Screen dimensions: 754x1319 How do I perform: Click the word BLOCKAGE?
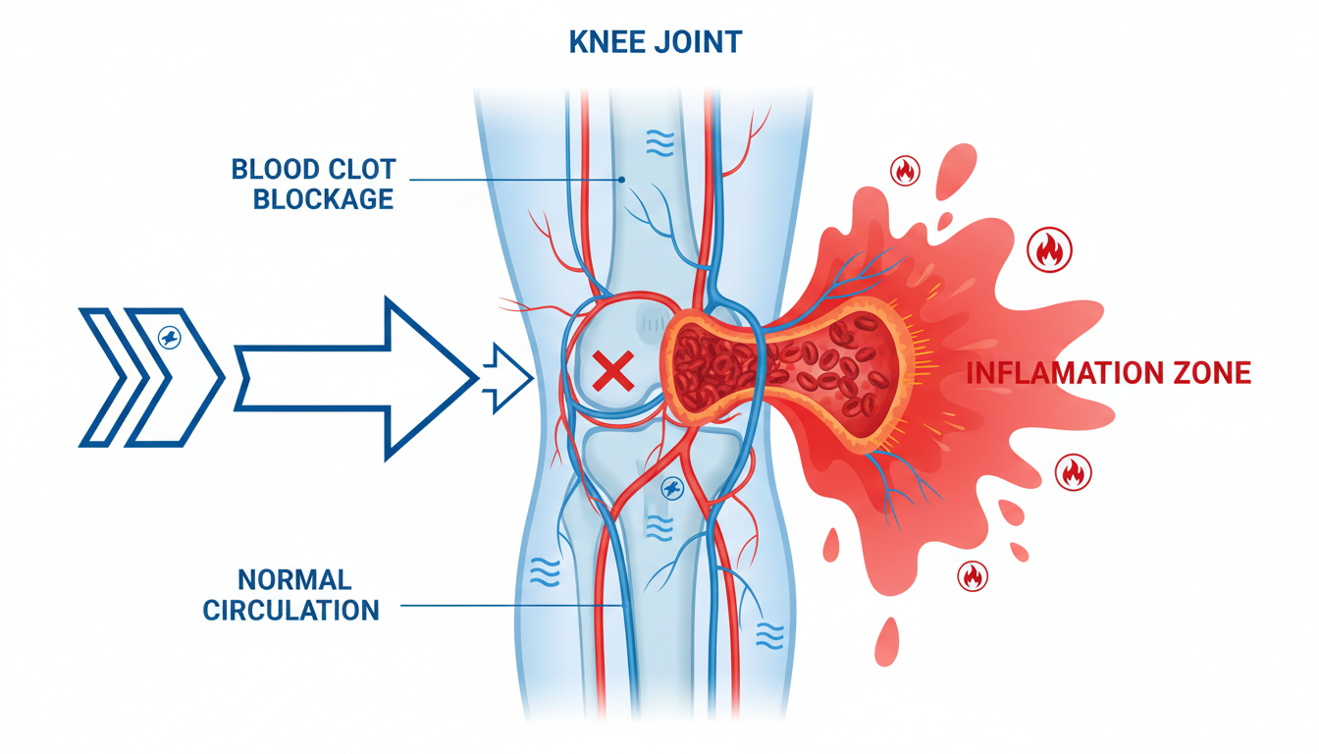323,198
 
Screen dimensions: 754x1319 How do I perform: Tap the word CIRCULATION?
290,609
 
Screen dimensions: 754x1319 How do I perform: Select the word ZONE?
1215,373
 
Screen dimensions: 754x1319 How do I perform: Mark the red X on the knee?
613,372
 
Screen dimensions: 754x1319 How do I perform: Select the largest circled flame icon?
1049,250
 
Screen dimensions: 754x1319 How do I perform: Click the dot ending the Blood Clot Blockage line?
621,180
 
